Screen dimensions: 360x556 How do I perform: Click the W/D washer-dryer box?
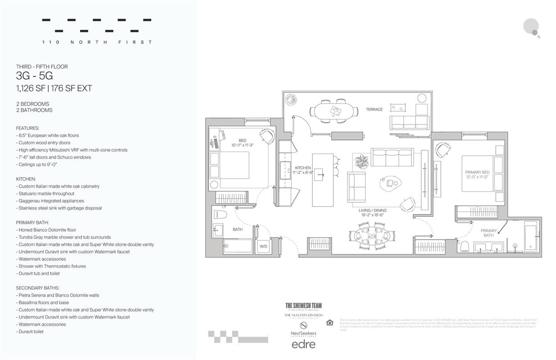click(x=263, y=246)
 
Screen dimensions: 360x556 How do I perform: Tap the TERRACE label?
click(x=374, y=109)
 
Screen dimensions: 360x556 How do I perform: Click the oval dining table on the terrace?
click(x=334, y=111)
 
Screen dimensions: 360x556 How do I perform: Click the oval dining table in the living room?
click(x=372, y=236)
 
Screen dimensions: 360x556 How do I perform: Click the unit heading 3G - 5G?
click(x=34, y=76)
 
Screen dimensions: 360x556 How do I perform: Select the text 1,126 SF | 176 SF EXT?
click(x=54, y=89)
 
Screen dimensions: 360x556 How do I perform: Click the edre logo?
click(x=303, y=344)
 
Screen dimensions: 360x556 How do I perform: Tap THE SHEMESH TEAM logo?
click(x=303, y=306)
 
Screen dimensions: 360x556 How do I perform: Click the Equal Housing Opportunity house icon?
click(x=330, y=322)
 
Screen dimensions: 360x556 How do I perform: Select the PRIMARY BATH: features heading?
click(x=32, y=222)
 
